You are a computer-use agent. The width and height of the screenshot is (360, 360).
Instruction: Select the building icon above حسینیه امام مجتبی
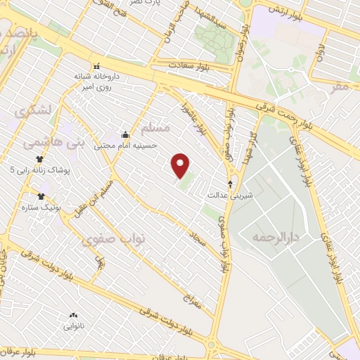[x=125, y=134]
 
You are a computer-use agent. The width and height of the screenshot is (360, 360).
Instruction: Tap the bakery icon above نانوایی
[x=72, y=316]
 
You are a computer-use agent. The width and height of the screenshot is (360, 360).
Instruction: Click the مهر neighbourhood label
[x=340, y=86]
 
